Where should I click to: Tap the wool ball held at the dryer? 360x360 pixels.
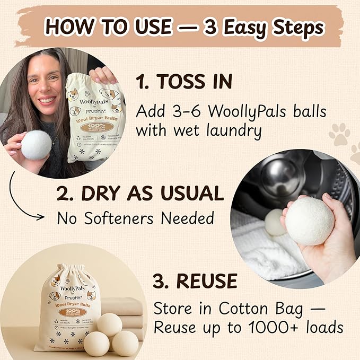[x=310, y=221]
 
